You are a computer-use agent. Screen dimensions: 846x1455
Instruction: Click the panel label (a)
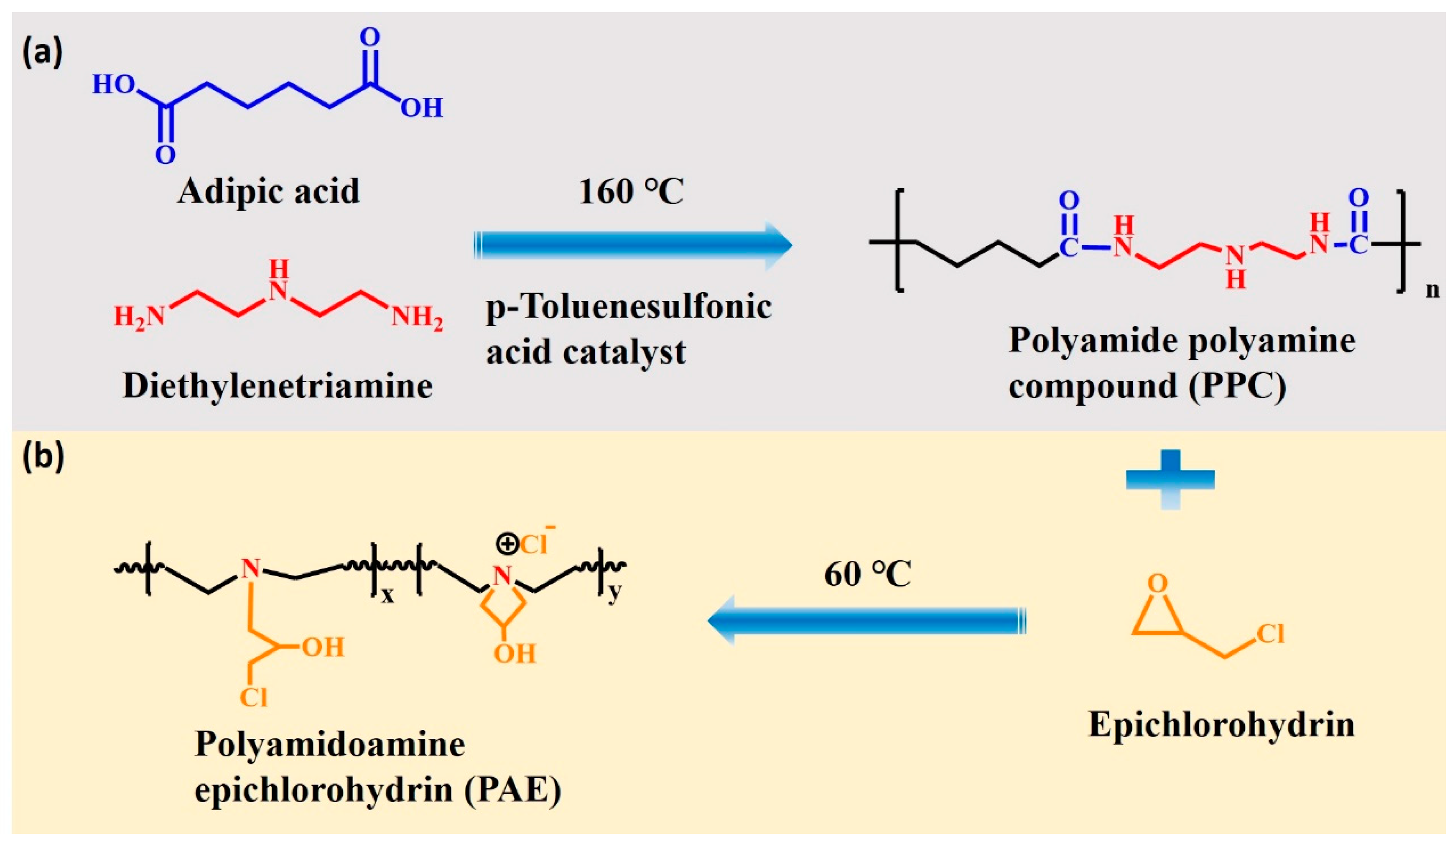tap(42, 54)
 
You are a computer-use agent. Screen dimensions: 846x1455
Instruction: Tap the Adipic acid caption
tap(268, 191)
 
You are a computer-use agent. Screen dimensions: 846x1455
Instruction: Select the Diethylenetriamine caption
tap(278, 386)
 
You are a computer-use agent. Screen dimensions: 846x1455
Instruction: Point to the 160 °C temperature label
tap(631, 192)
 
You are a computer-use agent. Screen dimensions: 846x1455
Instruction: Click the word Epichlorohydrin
tap(1221, 724)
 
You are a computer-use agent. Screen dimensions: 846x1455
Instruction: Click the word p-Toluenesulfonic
tap(629, 306)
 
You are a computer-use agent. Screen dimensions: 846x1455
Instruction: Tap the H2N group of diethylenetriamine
tap(139, 316)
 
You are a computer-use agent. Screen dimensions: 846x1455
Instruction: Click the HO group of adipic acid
tap(114, 84)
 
